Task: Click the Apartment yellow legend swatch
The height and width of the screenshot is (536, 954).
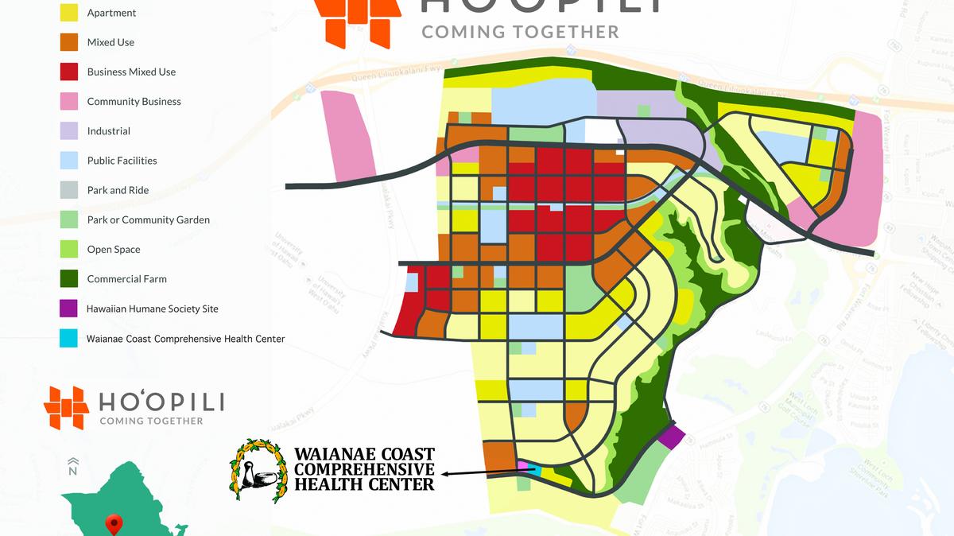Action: click(68, 13)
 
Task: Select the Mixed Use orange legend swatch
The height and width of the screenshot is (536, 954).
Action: click(68, 41)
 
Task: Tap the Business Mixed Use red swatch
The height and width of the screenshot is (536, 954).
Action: click(68, 71)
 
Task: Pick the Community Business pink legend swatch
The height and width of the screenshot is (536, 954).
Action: click(68, 101)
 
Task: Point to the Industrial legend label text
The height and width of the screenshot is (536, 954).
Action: click(109, 131)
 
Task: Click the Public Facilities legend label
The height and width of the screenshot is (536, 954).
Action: click(122, 161)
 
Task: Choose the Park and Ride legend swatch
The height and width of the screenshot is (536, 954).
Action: click(68, 190)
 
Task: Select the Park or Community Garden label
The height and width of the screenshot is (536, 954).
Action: click(149, 219)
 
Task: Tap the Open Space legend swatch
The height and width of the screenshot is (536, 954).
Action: click(68, 249)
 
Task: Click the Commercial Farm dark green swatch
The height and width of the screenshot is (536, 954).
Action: click(68, 278)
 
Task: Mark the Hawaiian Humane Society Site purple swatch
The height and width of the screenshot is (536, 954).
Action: click(68, 309)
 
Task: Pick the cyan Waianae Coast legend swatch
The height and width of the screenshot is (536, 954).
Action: click(68, 338)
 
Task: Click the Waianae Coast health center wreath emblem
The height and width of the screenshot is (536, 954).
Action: click(258, 470)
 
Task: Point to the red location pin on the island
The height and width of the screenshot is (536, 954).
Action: click(115, 523)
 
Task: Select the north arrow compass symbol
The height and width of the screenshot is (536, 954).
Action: click(72, 465)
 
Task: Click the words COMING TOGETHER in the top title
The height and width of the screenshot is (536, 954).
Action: click(520, 32)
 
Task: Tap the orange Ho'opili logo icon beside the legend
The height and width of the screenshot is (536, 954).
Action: click(67, 408)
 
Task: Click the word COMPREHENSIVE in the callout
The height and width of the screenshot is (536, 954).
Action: click(365, 468)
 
